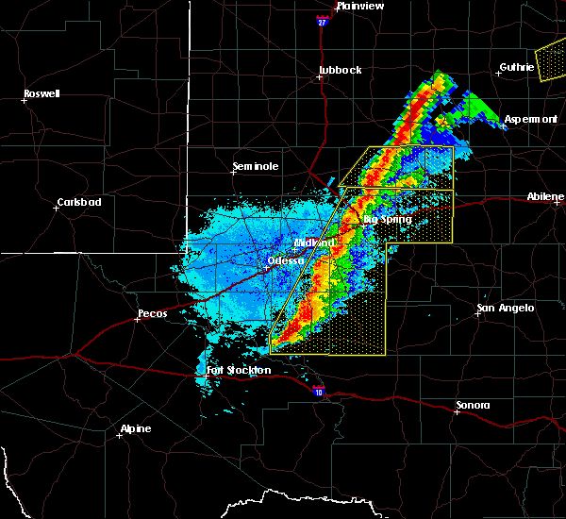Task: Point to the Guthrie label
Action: click(517, 66)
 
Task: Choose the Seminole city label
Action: click(256, 166)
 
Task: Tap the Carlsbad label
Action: click(79, 202)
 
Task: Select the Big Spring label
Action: click(388, 220)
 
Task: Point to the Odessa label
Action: click(286, 260)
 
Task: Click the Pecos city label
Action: click(152, 313)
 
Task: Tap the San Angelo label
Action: click(506, 308)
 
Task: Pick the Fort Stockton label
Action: click(239, 370)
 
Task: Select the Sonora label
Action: click(473, 405)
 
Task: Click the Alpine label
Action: click(135, 429)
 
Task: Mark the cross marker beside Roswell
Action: click(24, 100)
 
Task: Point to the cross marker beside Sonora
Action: click(457, 412)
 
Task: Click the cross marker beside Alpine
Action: click(120, 435)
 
